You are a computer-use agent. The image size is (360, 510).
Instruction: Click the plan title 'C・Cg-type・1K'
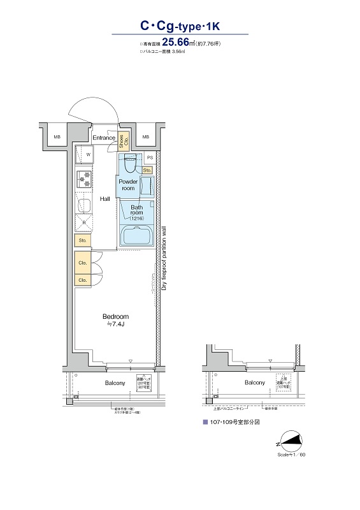point(180,26)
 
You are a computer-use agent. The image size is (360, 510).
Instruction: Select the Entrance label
point(103,138)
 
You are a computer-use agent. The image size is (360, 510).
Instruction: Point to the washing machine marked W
point(84,154)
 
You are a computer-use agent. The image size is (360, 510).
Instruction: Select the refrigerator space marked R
point(83,222)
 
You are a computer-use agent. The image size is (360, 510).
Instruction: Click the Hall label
point(105,199)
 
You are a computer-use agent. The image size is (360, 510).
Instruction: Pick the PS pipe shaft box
point(150,157)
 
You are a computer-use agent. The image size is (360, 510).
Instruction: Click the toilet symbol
point(130,164)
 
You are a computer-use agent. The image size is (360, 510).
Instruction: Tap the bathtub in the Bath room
point(136,235)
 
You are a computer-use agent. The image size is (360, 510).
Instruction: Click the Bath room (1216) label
point(137,211)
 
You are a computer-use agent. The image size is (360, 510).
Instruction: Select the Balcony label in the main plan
point(115,383)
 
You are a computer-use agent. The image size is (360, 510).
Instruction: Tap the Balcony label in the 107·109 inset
point(254,382)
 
